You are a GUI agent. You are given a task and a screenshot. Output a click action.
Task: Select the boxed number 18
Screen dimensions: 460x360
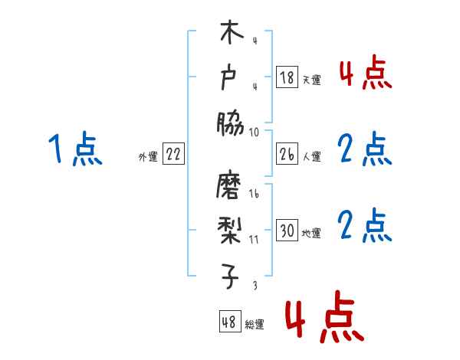coord(287,78)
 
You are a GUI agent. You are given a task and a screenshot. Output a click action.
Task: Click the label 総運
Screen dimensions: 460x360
coord(255,324)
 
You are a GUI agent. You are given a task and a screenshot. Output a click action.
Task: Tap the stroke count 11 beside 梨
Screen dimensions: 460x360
coord(254,239)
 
